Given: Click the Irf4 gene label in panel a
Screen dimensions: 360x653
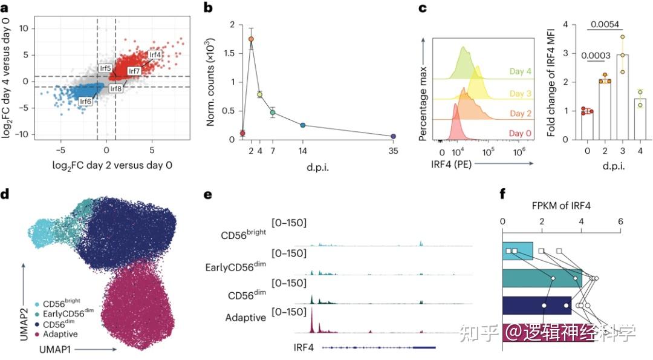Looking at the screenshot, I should [x=155, y=54].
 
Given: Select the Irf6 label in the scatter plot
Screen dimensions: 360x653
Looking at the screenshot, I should [x=86, y=101].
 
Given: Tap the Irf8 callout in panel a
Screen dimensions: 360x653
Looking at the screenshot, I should [x=115, y=89].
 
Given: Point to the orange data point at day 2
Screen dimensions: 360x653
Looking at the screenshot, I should [x=251, y=39].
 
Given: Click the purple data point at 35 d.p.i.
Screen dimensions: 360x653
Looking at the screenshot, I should [x=393, y=136].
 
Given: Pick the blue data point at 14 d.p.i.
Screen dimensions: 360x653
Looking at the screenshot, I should [x=303, y=125].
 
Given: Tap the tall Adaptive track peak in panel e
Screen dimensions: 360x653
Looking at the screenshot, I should [x=311, y=321].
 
